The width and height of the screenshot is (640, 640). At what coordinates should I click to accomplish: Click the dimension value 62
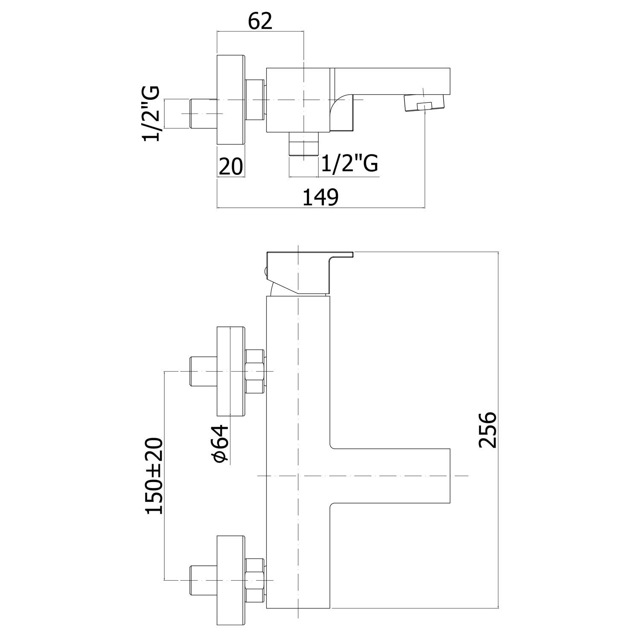pyautogui.click(x=260, y=21)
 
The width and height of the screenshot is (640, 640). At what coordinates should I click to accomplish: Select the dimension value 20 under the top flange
pyautogui.click(x=230, y=166)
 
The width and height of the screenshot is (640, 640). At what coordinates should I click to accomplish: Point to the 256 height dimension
pyautogui.click(x=487, y=430)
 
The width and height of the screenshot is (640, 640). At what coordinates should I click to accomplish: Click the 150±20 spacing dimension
pyautogui.click(x=155, y=476)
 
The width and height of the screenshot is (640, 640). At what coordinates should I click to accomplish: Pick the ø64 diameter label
pyautogui.click(x=221, y=444)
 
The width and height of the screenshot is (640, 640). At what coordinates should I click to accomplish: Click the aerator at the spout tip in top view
pyautogui.click(x=424, y=103)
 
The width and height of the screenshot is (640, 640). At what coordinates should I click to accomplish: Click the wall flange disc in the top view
pyautogui.click(x=231, y=100)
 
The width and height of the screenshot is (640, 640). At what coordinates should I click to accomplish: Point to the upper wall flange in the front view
pyautogui.click(x=231, y=371)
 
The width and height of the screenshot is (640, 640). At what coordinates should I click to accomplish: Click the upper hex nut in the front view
pyautogui.click(x=255, y=371)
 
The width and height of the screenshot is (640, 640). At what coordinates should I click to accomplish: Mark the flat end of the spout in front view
pyautogui.click(x=450, y=475)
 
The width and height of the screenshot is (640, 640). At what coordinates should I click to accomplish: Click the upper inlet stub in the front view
pyautogui.click(x=203, y=371)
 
